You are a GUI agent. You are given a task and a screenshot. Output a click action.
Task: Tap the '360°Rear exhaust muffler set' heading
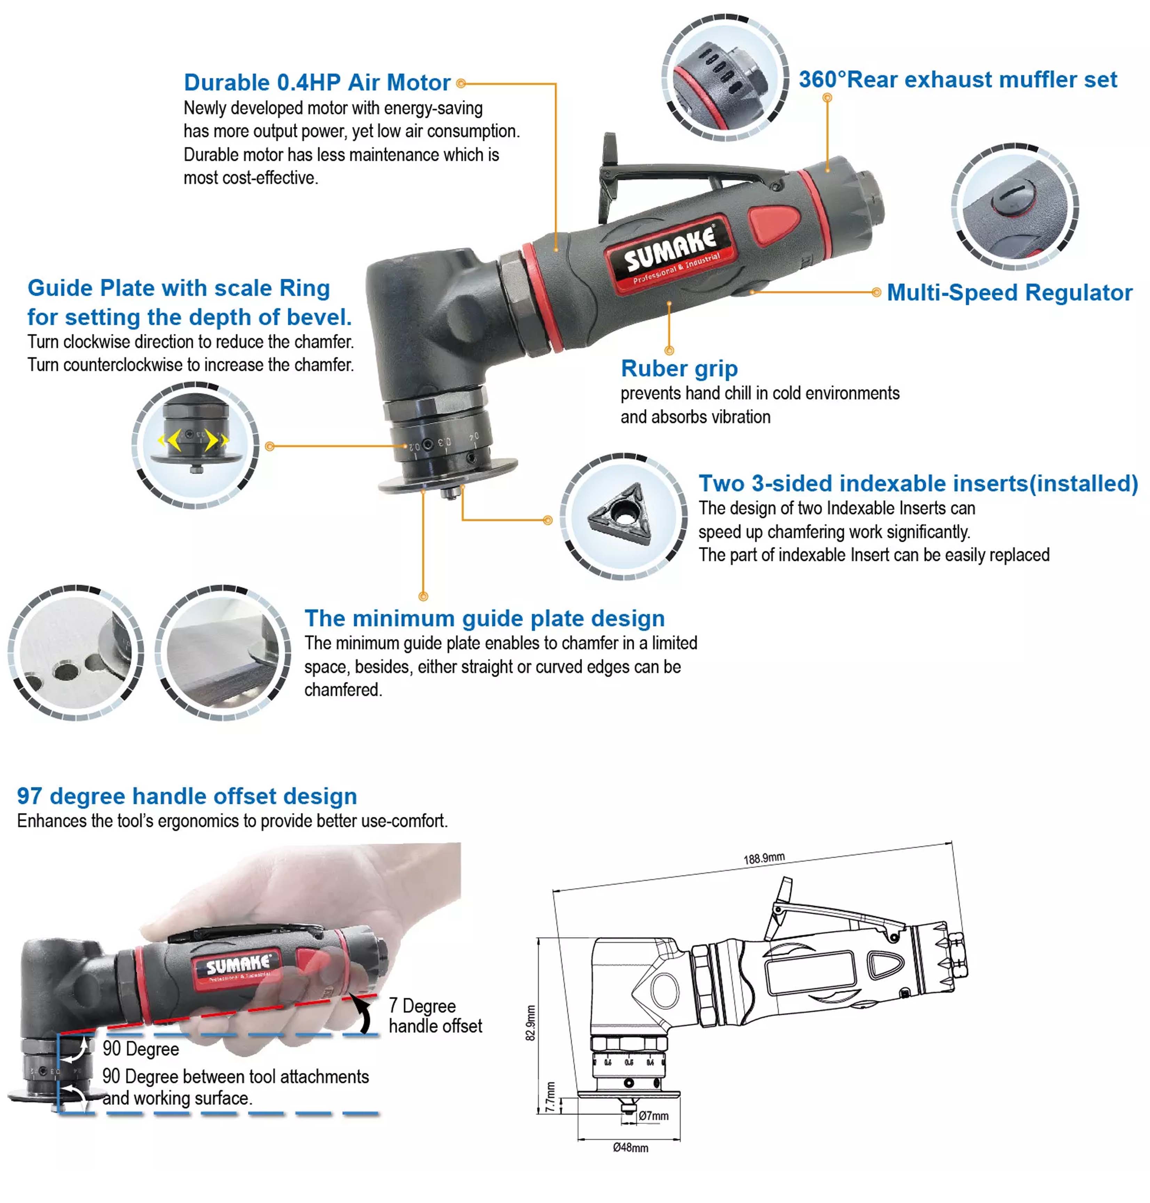(x=958, y=80)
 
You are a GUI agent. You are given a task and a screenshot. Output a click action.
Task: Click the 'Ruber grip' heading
(x=679, y=368)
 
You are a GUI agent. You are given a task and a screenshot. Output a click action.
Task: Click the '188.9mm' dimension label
(x=764, y=857)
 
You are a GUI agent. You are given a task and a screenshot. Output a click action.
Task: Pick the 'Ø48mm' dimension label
(x=630, y=1147)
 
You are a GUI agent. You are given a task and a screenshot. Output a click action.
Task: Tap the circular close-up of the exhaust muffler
(x=725, y=78)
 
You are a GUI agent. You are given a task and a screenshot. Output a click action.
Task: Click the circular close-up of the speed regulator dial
(x=1015, y=207)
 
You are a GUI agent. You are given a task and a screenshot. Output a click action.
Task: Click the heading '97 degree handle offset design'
(x=187, y=796)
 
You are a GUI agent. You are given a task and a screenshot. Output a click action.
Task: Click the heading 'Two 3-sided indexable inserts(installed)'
(x=918, y=483)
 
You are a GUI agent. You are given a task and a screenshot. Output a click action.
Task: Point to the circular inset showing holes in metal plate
(x=76, y=652)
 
